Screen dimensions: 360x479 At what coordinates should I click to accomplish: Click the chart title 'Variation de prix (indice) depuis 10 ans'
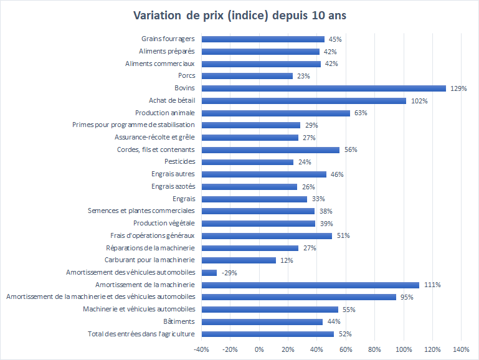240,15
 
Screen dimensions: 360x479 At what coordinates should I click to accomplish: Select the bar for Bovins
324,88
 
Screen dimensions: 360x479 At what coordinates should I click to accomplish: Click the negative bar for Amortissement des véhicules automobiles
209,272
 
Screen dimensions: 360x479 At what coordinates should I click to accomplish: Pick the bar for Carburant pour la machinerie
237,260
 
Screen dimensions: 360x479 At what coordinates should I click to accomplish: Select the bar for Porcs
247,76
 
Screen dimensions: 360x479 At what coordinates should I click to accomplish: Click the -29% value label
229,273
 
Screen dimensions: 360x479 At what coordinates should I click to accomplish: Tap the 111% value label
432,285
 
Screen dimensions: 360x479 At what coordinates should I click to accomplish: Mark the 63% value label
361,113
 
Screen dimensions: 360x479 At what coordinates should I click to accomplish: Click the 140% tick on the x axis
461,349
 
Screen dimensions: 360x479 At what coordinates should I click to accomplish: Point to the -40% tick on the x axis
201,349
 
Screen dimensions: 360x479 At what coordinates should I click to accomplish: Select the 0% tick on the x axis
259,349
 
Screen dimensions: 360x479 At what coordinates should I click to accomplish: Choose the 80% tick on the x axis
374,349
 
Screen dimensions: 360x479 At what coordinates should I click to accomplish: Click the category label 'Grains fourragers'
169,39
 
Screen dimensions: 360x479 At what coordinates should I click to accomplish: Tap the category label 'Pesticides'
178,162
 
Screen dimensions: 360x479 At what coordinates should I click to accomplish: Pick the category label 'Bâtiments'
179,321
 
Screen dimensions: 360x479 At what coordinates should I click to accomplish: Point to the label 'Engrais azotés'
173,186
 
